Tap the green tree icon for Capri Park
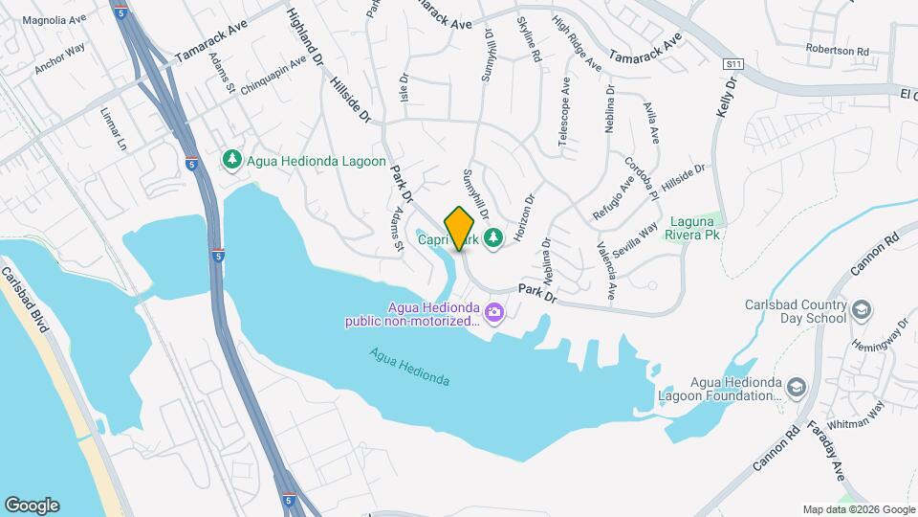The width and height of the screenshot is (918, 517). pos(493,236)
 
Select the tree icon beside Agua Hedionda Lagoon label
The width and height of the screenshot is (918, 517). pos(230,161)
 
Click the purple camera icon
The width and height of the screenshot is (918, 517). pos(493,311)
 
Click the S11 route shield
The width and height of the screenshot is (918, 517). pos(733,63)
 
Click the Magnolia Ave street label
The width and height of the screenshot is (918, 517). pos(54,20)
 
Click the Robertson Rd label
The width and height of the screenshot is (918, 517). pos(837,51)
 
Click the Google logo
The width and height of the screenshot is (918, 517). pos(32,506)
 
